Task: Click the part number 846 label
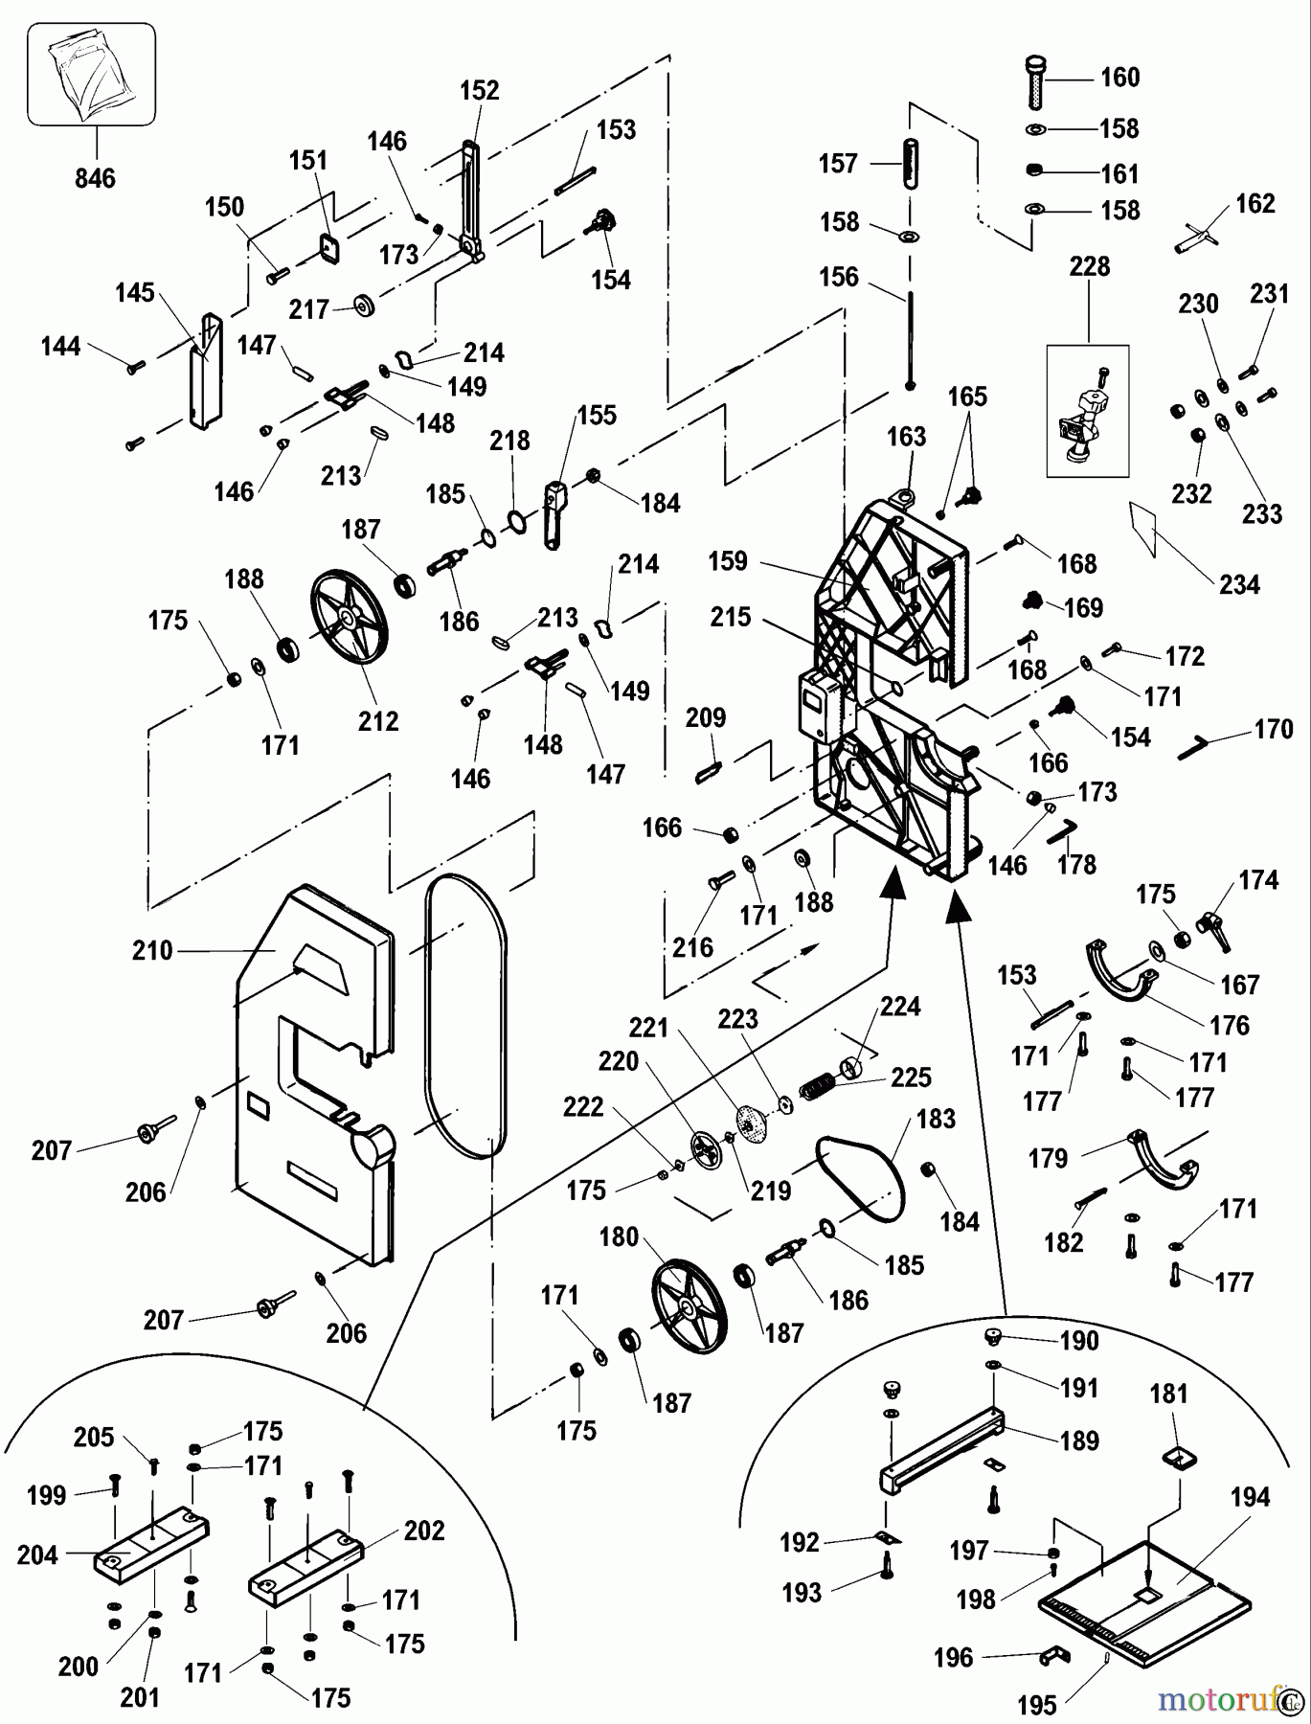click(95, 177)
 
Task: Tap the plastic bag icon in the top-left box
click(92, 75)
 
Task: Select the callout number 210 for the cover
click(152, 950)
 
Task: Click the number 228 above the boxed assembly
click(1090, 266)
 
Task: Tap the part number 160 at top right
click(1119, 78)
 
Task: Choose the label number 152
click(480, 90)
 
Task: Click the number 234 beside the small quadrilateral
click(1238, 584)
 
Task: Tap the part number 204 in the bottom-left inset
click(37, 1554)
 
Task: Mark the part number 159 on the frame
click(728, 561)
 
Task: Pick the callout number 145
click(134, 293)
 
